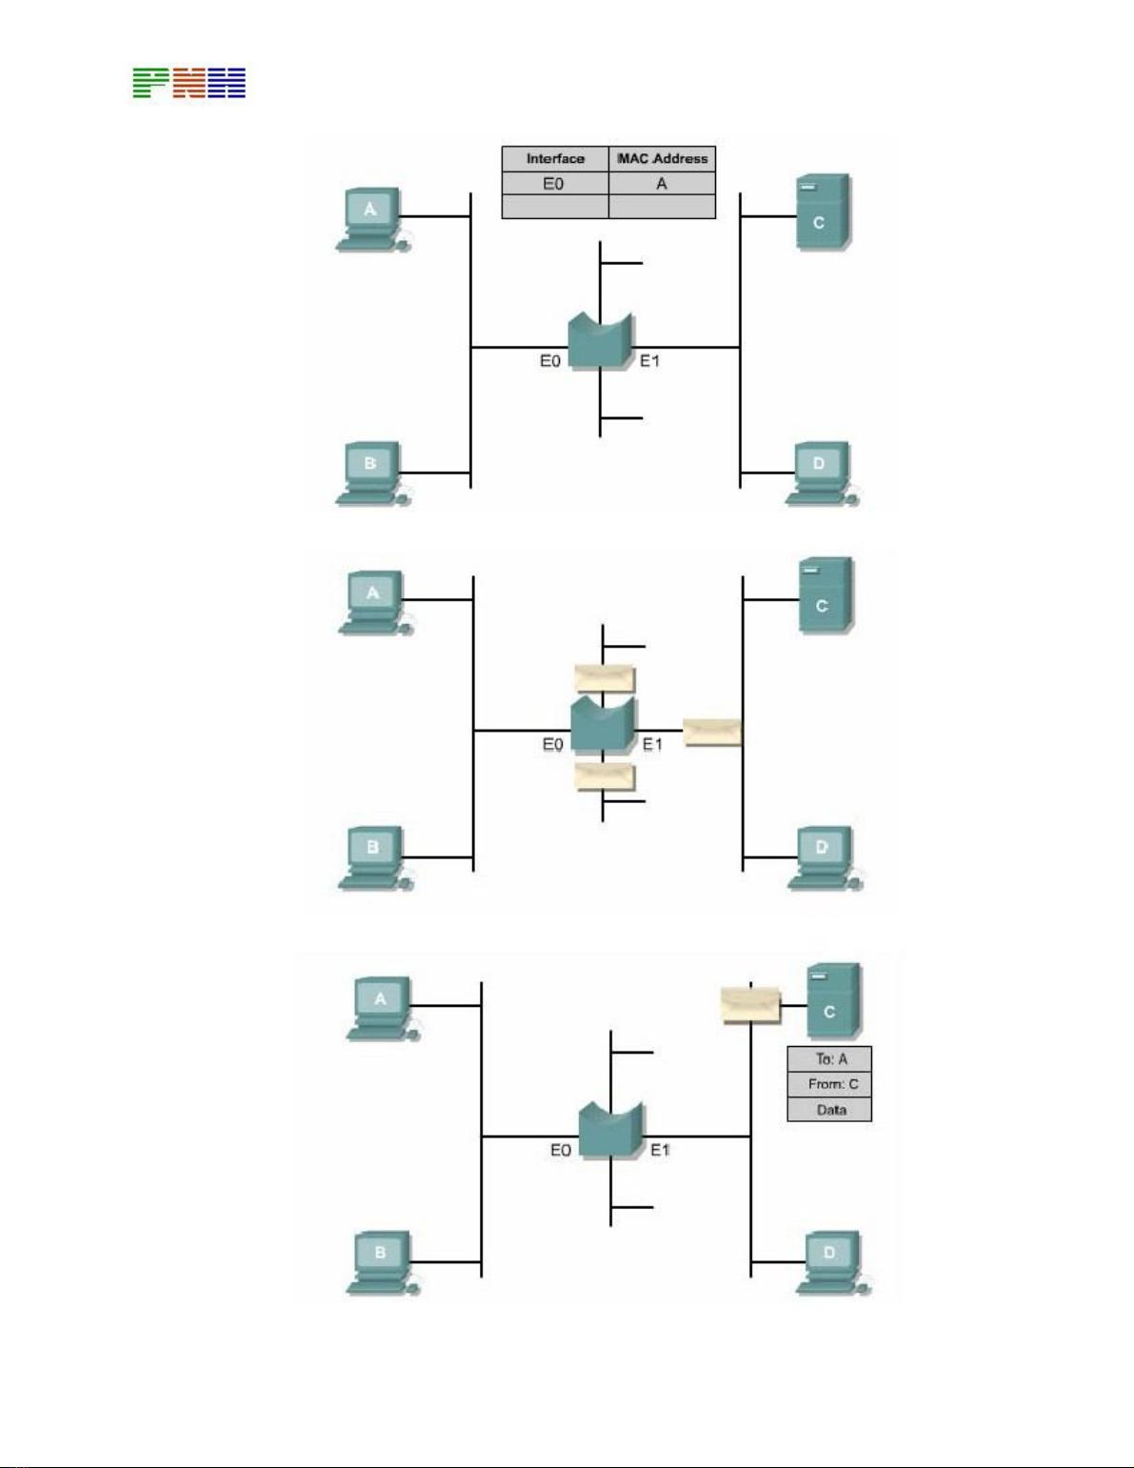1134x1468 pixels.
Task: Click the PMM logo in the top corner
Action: [x=189, y=83]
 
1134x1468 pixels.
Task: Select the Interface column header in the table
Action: [x=555, y=158]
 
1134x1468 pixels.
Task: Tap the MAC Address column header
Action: [x=662, y=158]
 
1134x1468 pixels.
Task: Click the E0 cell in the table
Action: [x=553, y=184]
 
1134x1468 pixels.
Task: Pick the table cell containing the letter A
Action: [x=662, y=184]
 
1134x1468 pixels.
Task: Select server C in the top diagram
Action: [x=821, y=213]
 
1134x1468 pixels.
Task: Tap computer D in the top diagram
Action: [x=821, y=473]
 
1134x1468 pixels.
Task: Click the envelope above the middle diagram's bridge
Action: [x=605, y=678]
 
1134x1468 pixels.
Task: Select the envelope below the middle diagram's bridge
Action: [x=605, y=776]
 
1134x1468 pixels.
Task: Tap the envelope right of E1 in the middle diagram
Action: [x=712, y=732]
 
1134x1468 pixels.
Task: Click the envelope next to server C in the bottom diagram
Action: [x=750, y=1005]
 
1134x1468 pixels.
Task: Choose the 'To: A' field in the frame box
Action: [x=829, y=1058]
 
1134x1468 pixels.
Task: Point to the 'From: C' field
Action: [x=829, y=1084]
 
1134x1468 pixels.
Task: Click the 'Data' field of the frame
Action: [x=829, y=1110]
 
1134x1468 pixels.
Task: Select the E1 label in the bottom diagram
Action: [x=661, y=1151]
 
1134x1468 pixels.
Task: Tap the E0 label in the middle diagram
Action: [x=553, y=745]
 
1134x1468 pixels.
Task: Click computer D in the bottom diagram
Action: [x=831, y=1262]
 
